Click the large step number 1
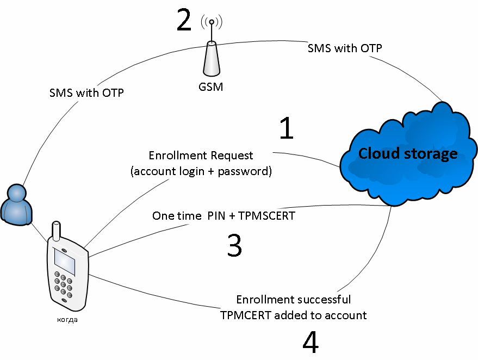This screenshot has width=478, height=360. [287, 129]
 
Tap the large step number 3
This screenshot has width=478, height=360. [234, 245]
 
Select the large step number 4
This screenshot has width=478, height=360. [310, 342]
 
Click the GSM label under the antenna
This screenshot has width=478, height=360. [211, 86]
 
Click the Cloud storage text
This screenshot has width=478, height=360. [408, 154]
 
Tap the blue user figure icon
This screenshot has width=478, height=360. [15, 204]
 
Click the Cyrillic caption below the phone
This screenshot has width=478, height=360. [67, 319]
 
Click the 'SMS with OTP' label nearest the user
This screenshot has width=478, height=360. [86, 93]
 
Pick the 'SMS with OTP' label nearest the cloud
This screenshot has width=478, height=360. [345, 48]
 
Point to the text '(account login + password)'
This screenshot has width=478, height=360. [201, 171]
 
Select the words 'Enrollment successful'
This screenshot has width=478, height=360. [294, 300]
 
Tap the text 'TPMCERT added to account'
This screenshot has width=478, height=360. [294, 315]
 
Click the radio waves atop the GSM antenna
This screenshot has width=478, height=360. [212, 22]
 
